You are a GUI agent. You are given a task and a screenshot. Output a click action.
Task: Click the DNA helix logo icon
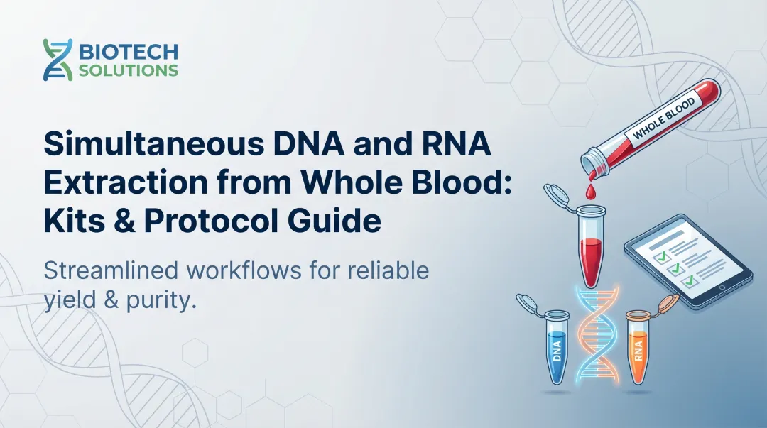point(57,60)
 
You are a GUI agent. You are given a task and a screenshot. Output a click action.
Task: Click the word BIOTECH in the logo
point(129,52)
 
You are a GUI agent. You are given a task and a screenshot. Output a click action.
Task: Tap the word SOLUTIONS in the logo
point(129,71)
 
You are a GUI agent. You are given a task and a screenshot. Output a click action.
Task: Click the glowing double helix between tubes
point(597,341)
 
